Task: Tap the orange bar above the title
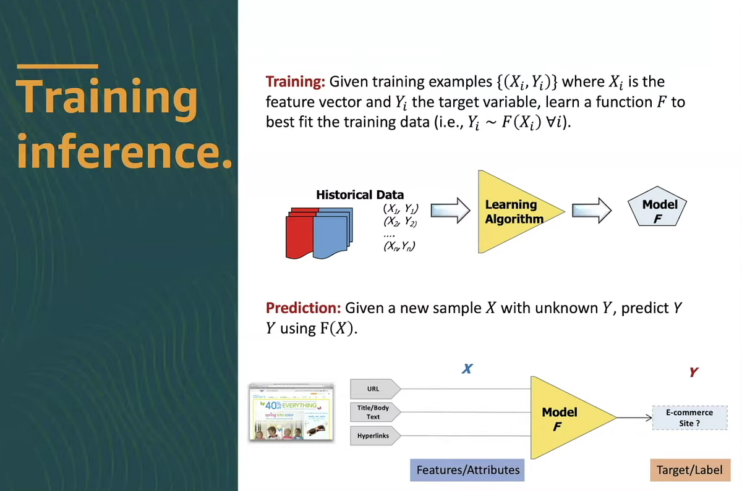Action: click(57, 66)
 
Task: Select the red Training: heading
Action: click(296, 82)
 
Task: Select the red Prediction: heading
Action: click(302, 308)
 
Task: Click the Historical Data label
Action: click(359, 195)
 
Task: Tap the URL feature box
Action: click(374, 389)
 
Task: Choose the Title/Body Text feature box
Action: click(374, 413)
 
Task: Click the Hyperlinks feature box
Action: click(374, 436)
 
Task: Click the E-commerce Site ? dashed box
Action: click(689, 418)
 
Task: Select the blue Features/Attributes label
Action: click(467, 470)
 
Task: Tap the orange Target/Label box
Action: click(690, 470)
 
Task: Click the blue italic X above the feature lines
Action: click(467, 369)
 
